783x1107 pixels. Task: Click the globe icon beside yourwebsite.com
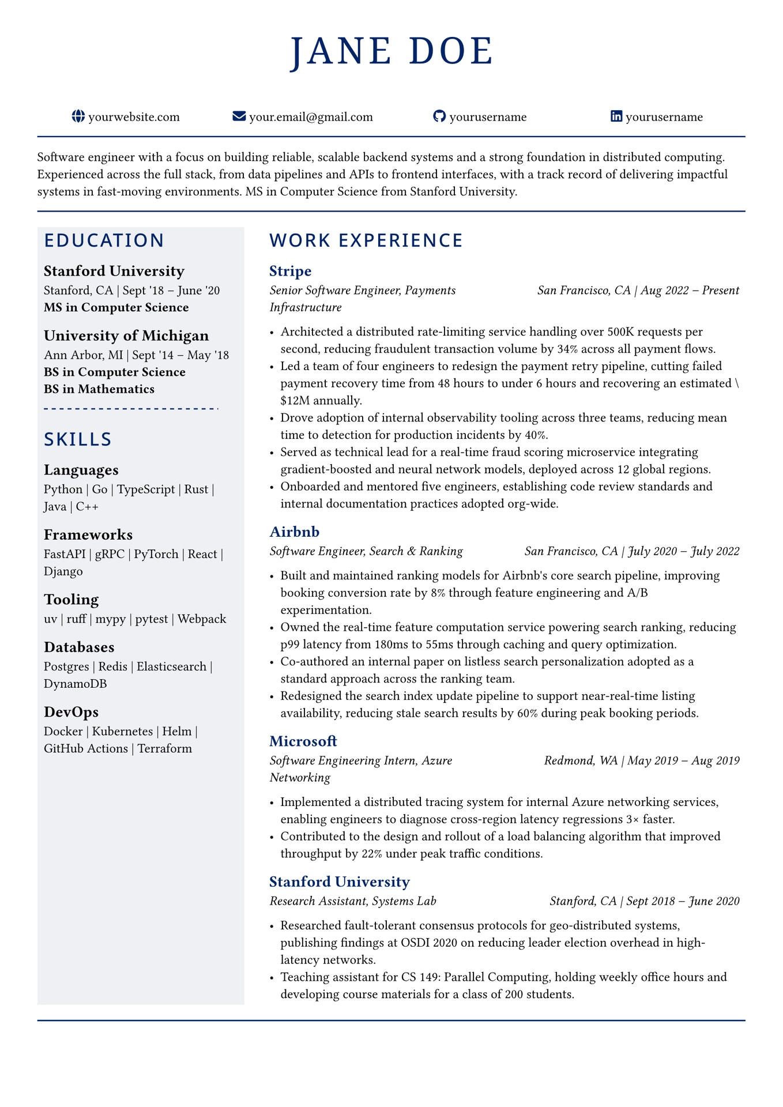tap(78, 116)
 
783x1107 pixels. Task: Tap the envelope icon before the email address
tap(239, 116)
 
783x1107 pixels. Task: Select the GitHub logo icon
tap(439, 116)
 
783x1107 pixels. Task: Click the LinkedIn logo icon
tap(616, 116)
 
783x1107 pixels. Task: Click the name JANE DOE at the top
tap(391, 52)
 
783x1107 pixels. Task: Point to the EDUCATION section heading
tap(104, 240)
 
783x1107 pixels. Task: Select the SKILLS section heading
tap(78, 439)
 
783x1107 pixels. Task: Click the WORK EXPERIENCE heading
tap(366, 240)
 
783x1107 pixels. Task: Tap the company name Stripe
tap(291, 271)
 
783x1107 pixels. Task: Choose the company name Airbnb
tap(294, 532)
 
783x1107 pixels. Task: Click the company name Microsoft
tap(303, 741)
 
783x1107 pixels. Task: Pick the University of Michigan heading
tap(126, 336)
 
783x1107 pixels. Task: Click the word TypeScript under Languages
tap(146, 490)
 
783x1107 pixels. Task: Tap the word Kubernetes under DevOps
tap(123, 732)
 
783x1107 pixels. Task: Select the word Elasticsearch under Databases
tap(171, 667)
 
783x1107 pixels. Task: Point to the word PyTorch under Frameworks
tap(156, 554)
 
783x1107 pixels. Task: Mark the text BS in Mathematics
tap(99, 389)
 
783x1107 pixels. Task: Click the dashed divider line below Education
tap(131, 409)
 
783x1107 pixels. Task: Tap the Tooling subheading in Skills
tap(71, 600)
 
